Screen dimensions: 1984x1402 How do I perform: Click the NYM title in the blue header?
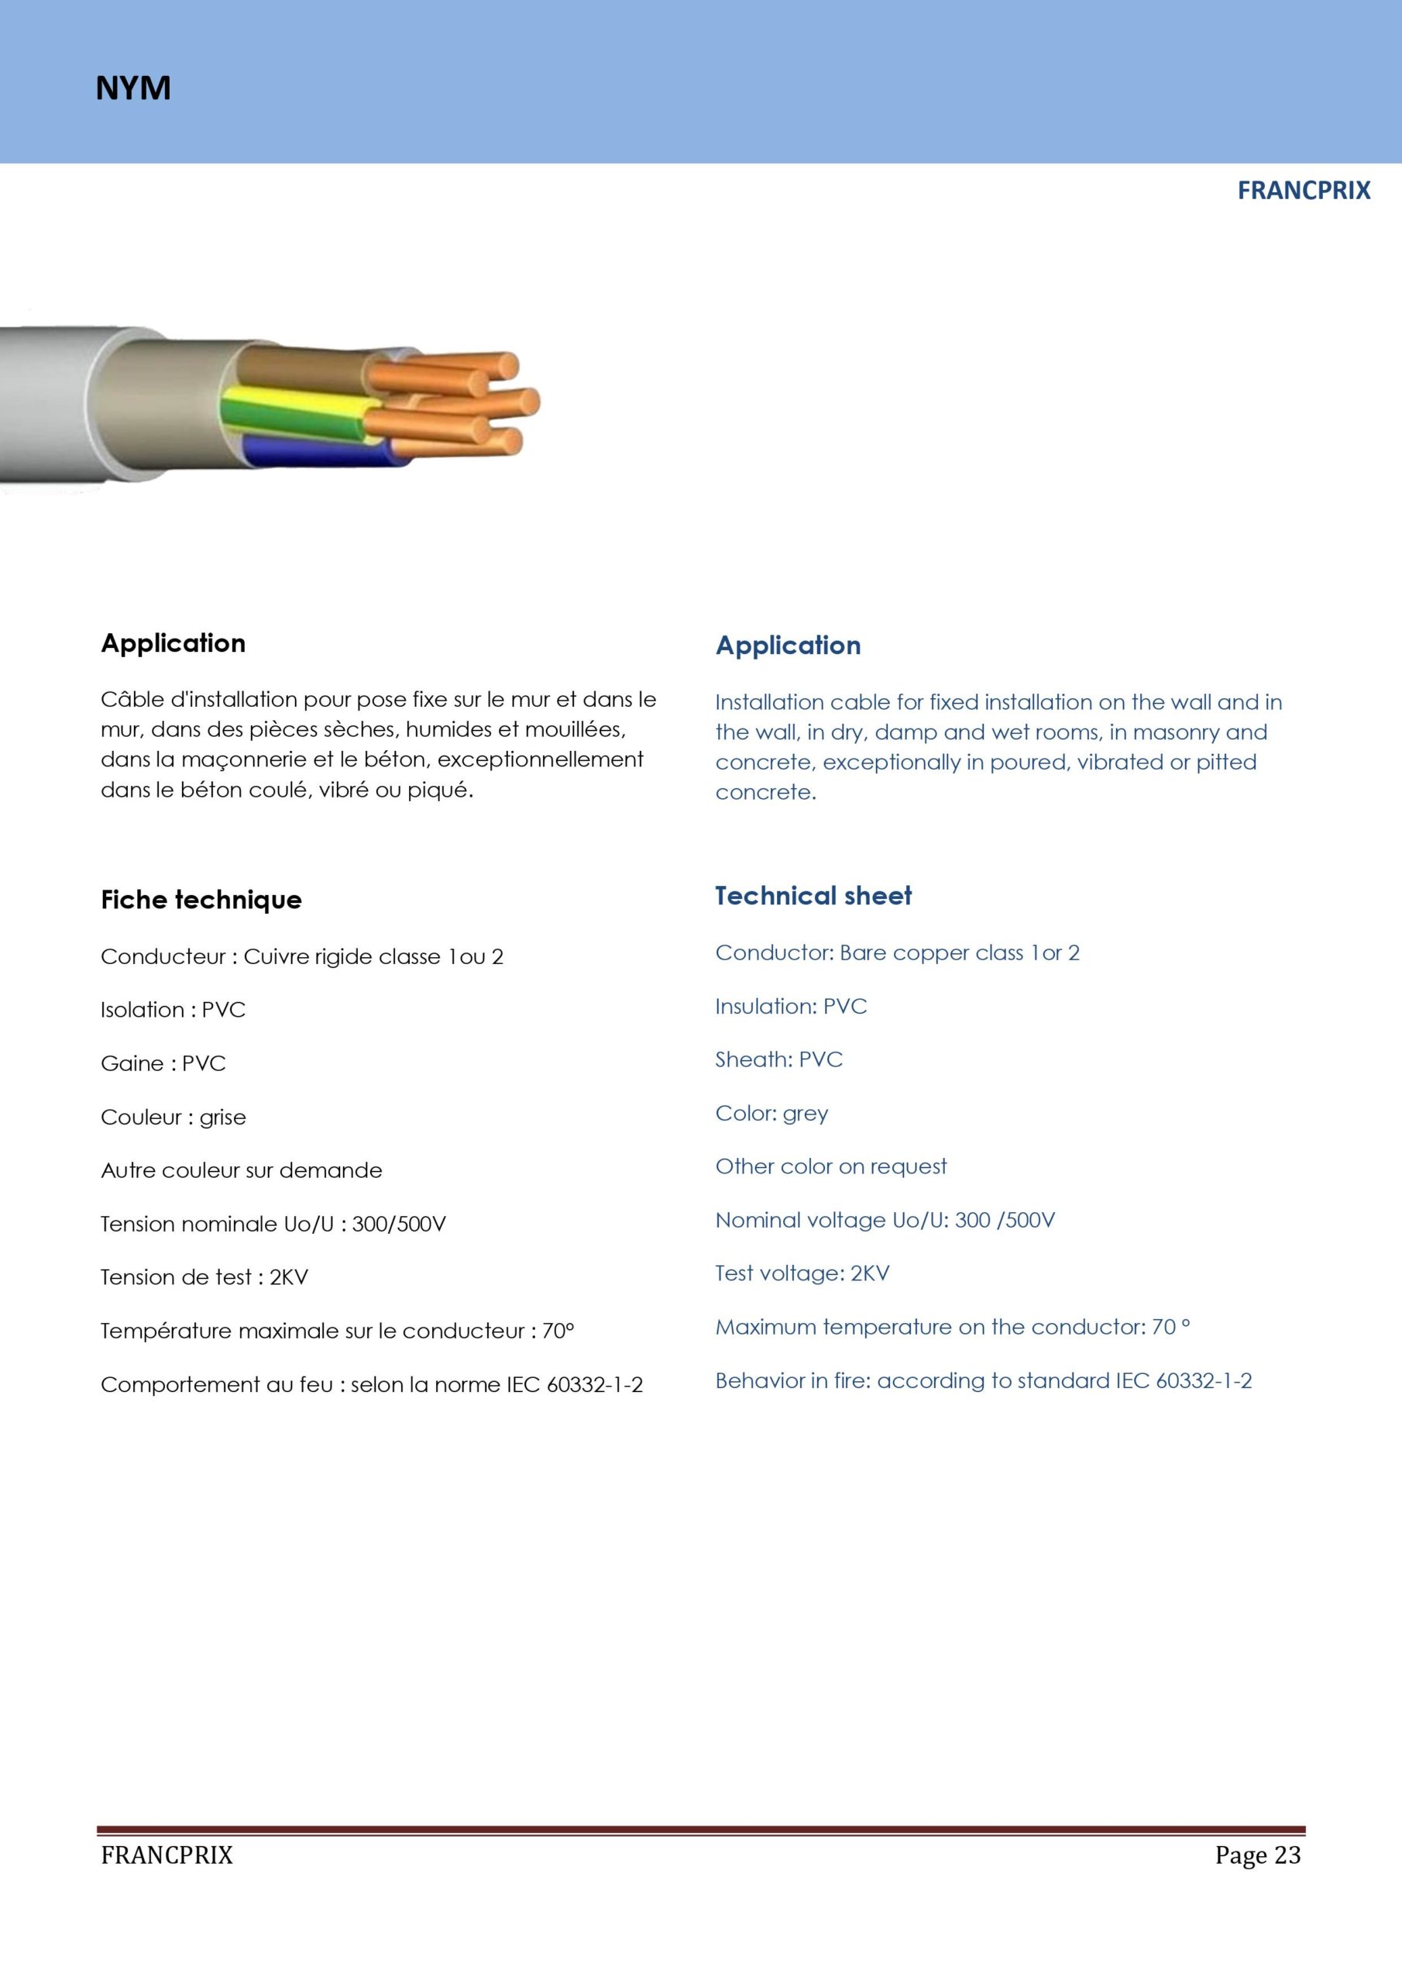click(133, 88)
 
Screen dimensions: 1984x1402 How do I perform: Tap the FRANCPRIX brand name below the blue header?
click(1303, 191)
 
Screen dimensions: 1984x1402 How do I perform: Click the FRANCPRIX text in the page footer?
click(167, 1855)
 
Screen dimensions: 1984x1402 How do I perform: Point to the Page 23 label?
click(1257, 1855)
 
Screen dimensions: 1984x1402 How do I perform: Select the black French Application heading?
click(173, 643)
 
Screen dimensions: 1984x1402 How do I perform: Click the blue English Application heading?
click(788, 646)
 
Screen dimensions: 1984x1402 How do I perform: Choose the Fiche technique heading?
click(201, 900)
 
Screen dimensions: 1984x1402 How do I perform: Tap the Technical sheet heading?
click(813, 896)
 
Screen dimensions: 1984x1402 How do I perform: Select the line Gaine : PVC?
click(163, 1064)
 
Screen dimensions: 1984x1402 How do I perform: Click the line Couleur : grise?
click(173, 1118)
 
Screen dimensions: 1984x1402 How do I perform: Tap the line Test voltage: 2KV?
click(802, 1273)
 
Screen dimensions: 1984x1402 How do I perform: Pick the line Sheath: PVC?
click(778, 1060)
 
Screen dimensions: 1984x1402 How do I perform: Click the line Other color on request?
click(830, 1166)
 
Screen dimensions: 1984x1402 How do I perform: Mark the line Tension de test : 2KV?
click(204, 1277)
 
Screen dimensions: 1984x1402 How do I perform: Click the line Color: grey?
click(771, 1113)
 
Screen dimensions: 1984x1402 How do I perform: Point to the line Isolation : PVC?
click(173, 1010)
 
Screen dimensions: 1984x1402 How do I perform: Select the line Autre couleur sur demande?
click(241, 1171)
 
